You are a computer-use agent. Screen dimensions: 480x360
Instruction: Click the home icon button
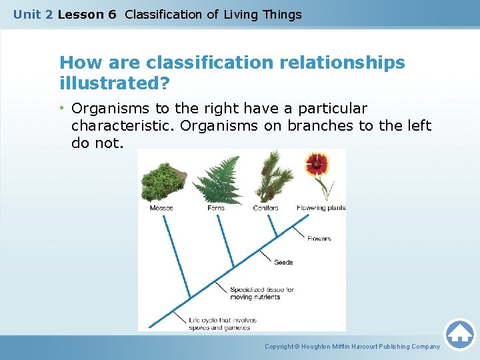coord(459,334)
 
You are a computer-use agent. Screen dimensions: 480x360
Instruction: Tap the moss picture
coord(163,180)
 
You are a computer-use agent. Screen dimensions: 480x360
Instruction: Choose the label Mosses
coord(161,208)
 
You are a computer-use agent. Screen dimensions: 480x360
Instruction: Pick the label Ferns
coord(216,208)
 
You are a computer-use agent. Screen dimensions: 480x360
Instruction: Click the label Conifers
coord(266,208)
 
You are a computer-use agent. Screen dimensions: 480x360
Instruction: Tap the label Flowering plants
coord(321,208)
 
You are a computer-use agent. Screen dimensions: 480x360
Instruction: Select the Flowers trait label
coord(319,239)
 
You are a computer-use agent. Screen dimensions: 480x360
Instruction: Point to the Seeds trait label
coord(283,263)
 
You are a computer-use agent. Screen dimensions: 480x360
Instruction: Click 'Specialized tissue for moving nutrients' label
coord(262,293)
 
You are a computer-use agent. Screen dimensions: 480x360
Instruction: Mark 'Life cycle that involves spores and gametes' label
coord(223,324)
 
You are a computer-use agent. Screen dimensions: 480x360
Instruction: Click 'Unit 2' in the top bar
coord(33,14)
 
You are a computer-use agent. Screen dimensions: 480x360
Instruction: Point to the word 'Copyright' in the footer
coord(279,347)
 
